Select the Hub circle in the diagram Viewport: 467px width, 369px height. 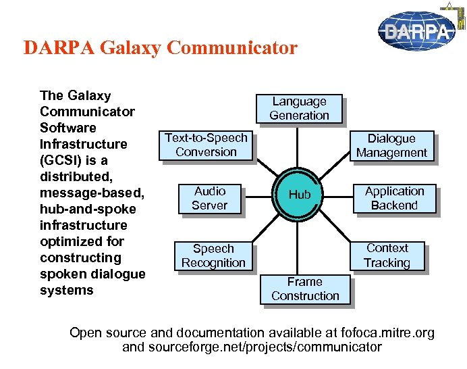tap(300, 195)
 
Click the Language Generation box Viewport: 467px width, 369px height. tap(299, 108)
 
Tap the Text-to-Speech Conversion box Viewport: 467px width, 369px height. tap(206, 145)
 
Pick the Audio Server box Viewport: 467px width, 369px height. tap(209, 198)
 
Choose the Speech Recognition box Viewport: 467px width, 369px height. tap(213, 255)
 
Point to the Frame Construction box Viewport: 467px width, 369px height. tap(305, 289)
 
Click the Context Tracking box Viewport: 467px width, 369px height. tap(387, 255)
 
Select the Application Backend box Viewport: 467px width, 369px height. tap(394, 198)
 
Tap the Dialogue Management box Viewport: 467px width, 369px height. tap(391, 145)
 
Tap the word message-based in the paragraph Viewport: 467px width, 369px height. tap(92, 193)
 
